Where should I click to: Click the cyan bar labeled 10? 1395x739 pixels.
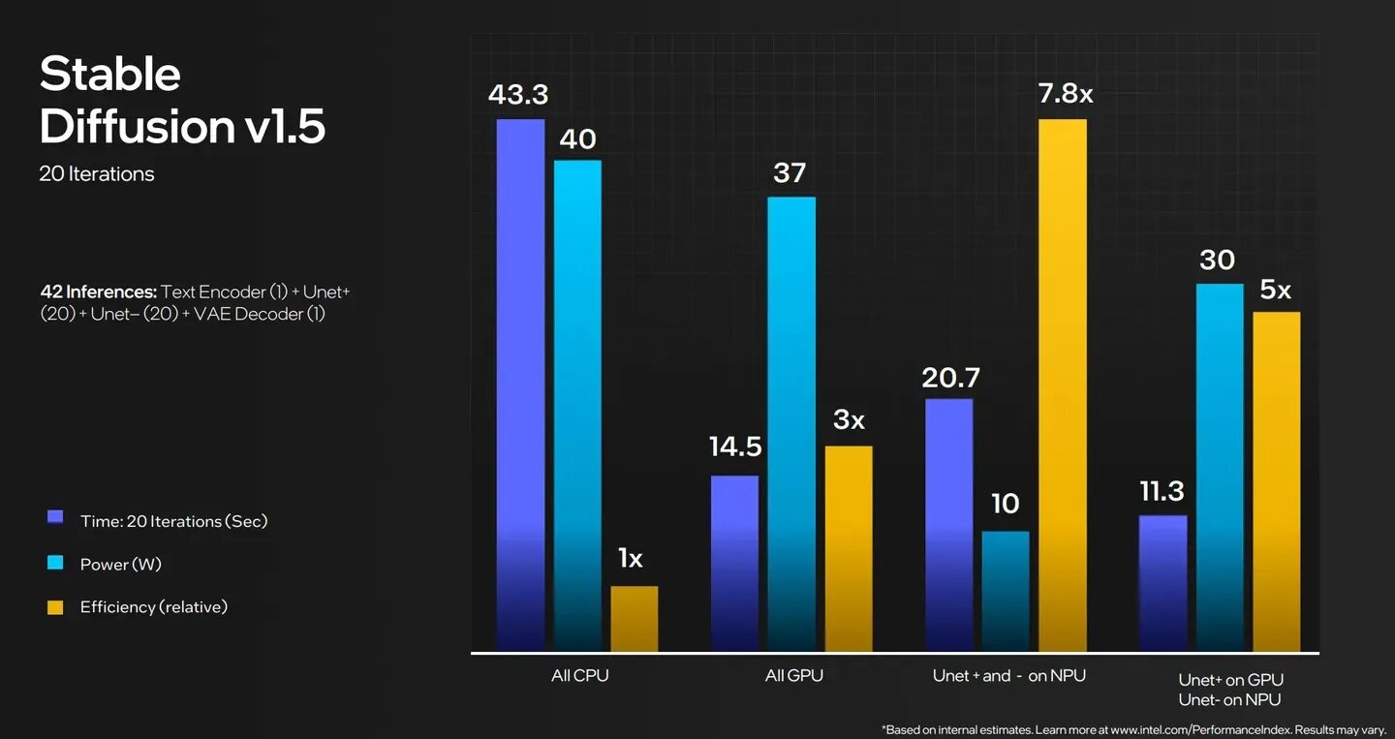pyautogui.click(x=1006, y=591)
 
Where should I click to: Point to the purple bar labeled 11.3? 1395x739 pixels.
pyautogui.click(x=1162, y=582)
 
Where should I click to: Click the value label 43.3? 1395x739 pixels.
pyautogui.click(x=518, y=94)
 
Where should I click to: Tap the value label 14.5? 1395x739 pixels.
pyautogui.click(x=735, y=446)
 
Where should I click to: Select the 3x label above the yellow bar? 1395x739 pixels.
pyautogui.click(x=849, y=419)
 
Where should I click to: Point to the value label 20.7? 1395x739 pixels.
pyautogui.click(x=950, y=378)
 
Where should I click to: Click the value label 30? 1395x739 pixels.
pyautogui.click(x=1218, y=260)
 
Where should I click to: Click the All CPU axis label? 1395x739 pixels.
pyautogui.click(x=579, y=676)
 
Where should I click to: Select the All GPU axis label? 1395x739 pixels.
pyautogui.click(x=793, y=676)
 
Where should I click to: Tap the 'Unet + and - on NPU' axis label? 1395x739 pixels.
pyautogui.click(x=1008, y=676)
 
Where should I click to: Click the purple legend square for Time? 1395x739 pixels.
pyautogui.click(x=55, y=518)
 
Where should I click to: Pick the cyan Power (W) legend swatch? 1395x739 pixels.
pyautogui.click(x=55, y=563)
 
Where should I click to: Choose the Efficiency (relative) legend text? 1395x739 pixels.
pyautogui.click(x=153, y=607)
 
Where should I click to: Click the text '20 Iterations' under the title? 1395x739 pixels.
pyautogui.click(x=96, y=174)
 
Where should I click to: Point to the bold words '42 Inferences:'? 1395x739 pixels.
pyautogui.click(x=98, y=292)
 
